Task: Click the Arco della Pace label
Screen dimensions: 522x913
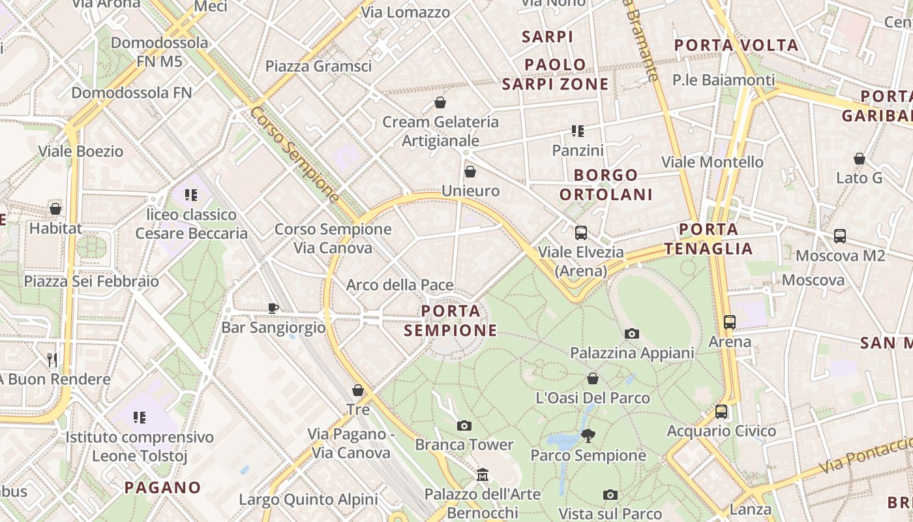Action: (399, 285)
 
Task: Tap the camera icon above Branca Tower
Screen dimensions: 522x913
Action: (464, 426)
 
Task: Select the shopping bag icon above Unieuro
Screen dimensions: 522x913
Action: (470, 172)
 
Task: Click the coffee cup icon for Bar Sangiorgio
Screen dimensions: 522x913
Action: (273, 308)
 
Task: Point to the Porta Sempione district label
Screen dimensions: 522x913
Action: (451, 320)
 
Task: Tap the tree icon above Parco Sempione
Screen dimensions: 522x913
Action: (588, 435)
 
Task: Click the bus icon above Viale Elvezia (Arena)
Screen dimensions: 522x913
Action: (580, 232)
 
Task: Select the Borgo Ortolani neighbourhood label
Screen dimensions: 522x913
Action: (606, 185)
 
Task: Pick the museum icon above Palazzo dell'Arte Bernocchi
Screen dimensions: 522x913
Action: (483, 474)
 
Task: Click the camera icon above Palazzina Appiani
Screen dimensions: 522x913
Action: (631, 334)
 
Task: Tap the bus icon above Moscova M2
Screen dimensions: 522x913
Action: (840, 236)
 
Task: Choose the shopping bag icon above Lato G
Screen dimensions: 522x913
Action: (860, 159)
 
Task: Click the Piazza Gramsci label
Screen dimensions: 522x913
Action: (318, 66)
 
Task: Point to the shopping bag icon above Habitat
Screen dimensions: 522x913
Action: (55, 209)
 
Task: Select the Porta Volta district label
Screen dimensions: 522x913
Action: (736, 46)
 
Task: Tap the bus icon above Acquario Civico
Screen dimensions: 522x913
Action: (721, 412)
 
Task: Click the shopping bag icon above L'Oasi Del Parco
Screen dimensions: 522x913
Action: (593, 378)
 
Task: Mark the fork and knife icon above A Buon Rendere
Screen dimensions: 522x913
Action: (52, 360)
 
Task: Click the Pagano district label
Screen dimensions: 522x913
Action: (162, 487)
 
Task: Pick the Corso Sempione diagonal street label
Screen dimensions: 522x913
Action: (294, 154)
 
